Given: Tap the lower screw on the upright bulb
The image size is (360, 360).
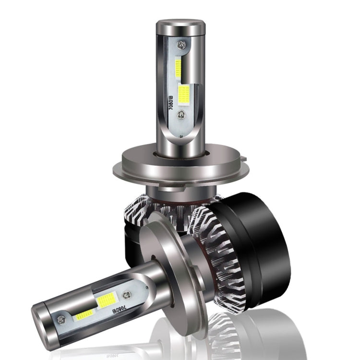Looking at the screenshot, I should tap(180, 115).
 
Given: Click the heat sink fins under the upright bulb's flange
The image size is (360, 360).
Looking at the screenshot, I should tap(144, 206).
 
